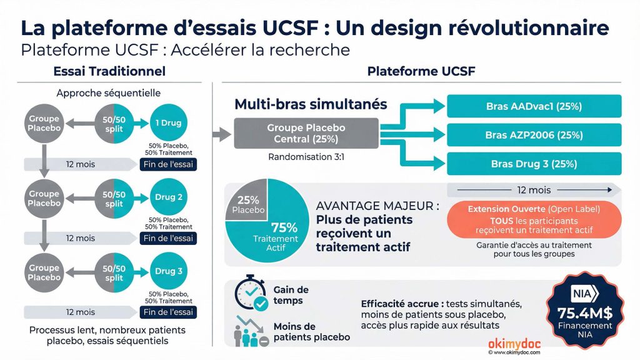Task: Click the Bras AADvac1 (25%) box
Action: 534,106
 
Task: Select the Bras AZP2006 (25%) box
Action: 534,135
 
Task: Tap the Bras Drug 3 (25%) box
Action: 534,164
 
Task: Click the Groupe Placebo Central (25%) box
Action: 306,133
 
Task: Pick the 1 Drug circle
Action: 168,123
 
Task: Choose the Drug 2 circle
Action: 168,197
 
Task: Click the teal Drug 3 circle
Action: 168,271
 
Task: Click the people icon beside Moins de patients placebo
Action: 250,331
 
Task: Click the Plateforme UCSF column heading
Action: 421,71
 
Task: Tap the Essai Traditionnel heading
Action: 109,71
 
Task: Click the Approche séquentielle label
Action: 108,93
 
